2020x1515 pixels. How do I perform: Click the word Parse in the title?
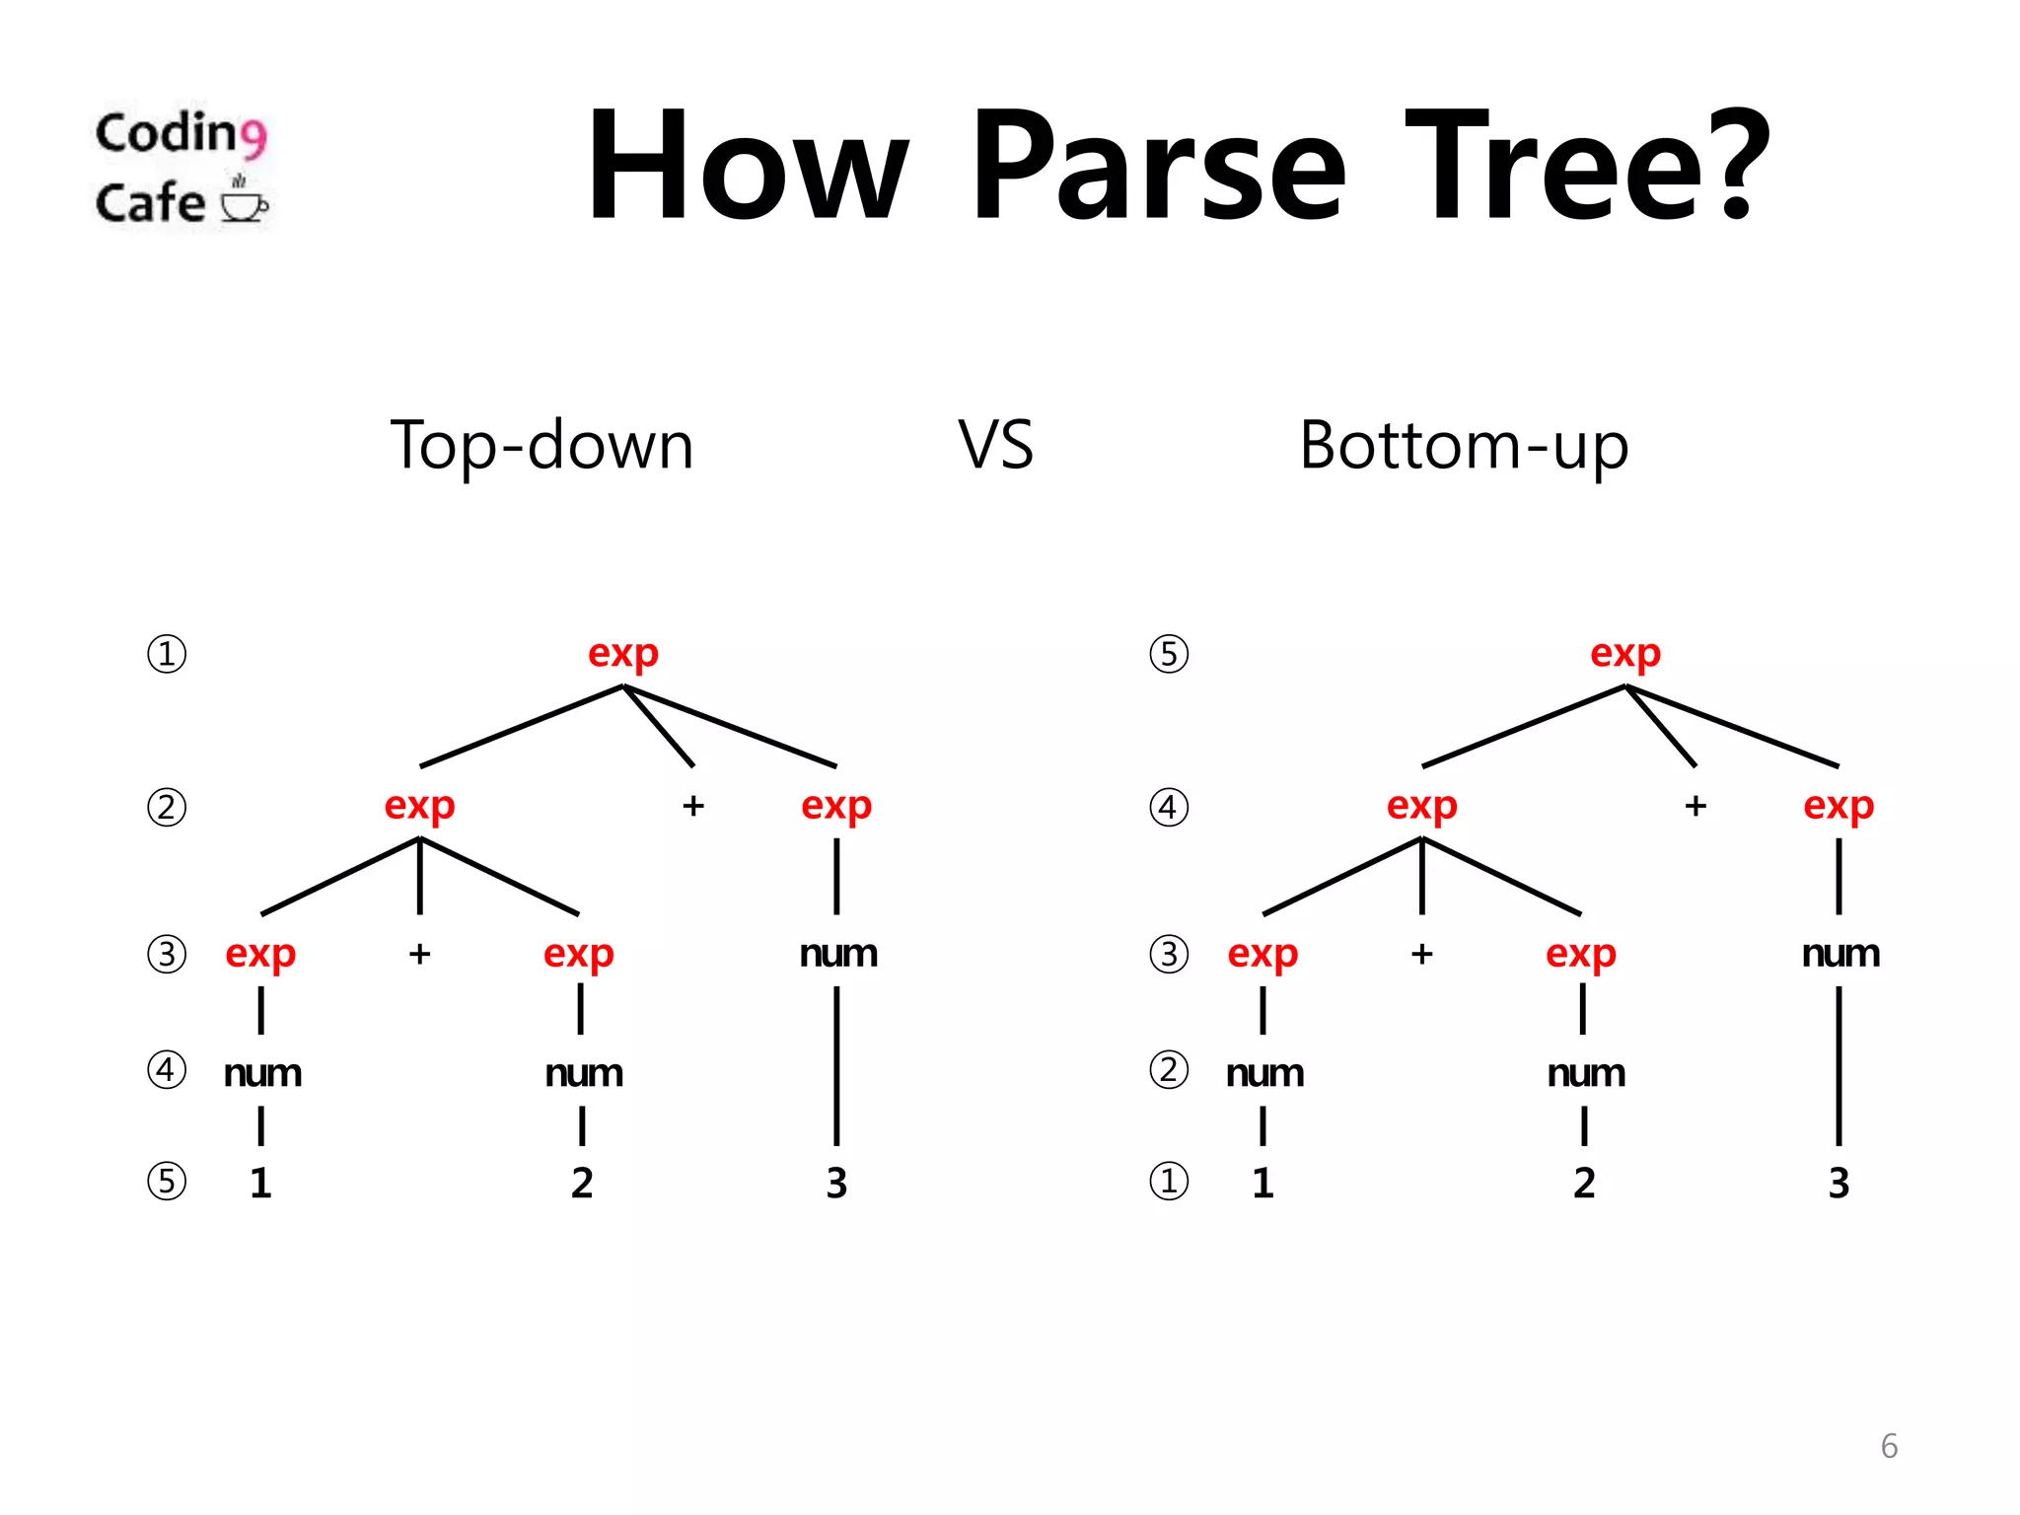[x=1158, y=166]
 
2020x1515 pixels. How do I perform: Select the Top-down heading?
[x=541, y=445]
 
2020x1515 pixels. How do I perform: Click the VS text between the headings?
[x=996, y=445]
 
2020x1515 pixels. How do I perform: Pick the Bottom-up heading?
[x=1464, y=445]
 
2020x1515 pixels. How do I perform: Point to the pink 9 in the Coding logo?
[x=253, y=137]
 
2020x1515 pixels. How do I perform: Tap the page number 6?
[x=1889, y=1446]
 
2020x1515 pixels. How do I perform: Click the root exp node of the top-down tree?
[x=622, y=653]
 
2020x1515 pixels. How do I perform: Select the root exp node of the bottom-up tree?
[x=1624, y=653]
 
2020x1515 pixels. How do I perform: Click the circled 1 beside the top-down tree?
[x=167, y=654]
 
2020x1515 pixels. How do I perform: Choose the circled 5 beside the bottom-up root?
[x=1169, y=654]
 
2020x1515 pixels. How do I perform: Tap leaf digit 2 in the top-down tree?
[x=582, y=1183]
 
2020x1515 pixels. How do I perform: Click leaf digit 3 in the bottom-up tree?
[x=1839, y=1183]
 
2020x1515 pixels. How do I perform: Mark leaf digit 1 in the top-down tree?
[x=260, y=1183]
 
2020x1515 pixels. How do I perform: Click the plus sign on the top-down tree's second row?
[x=693, y=806]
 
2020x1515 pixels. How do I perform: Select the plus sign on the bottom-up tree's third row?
[x=1421, y=954]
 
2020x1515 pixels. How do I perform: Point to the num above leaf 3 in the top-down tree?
[x=838, y=954]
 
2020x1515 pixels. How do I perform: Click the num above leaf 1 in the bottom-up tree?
[x=1264, y=1073]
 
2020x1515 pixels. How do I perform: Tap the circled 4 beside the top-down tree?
[x=167, y=1070]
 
